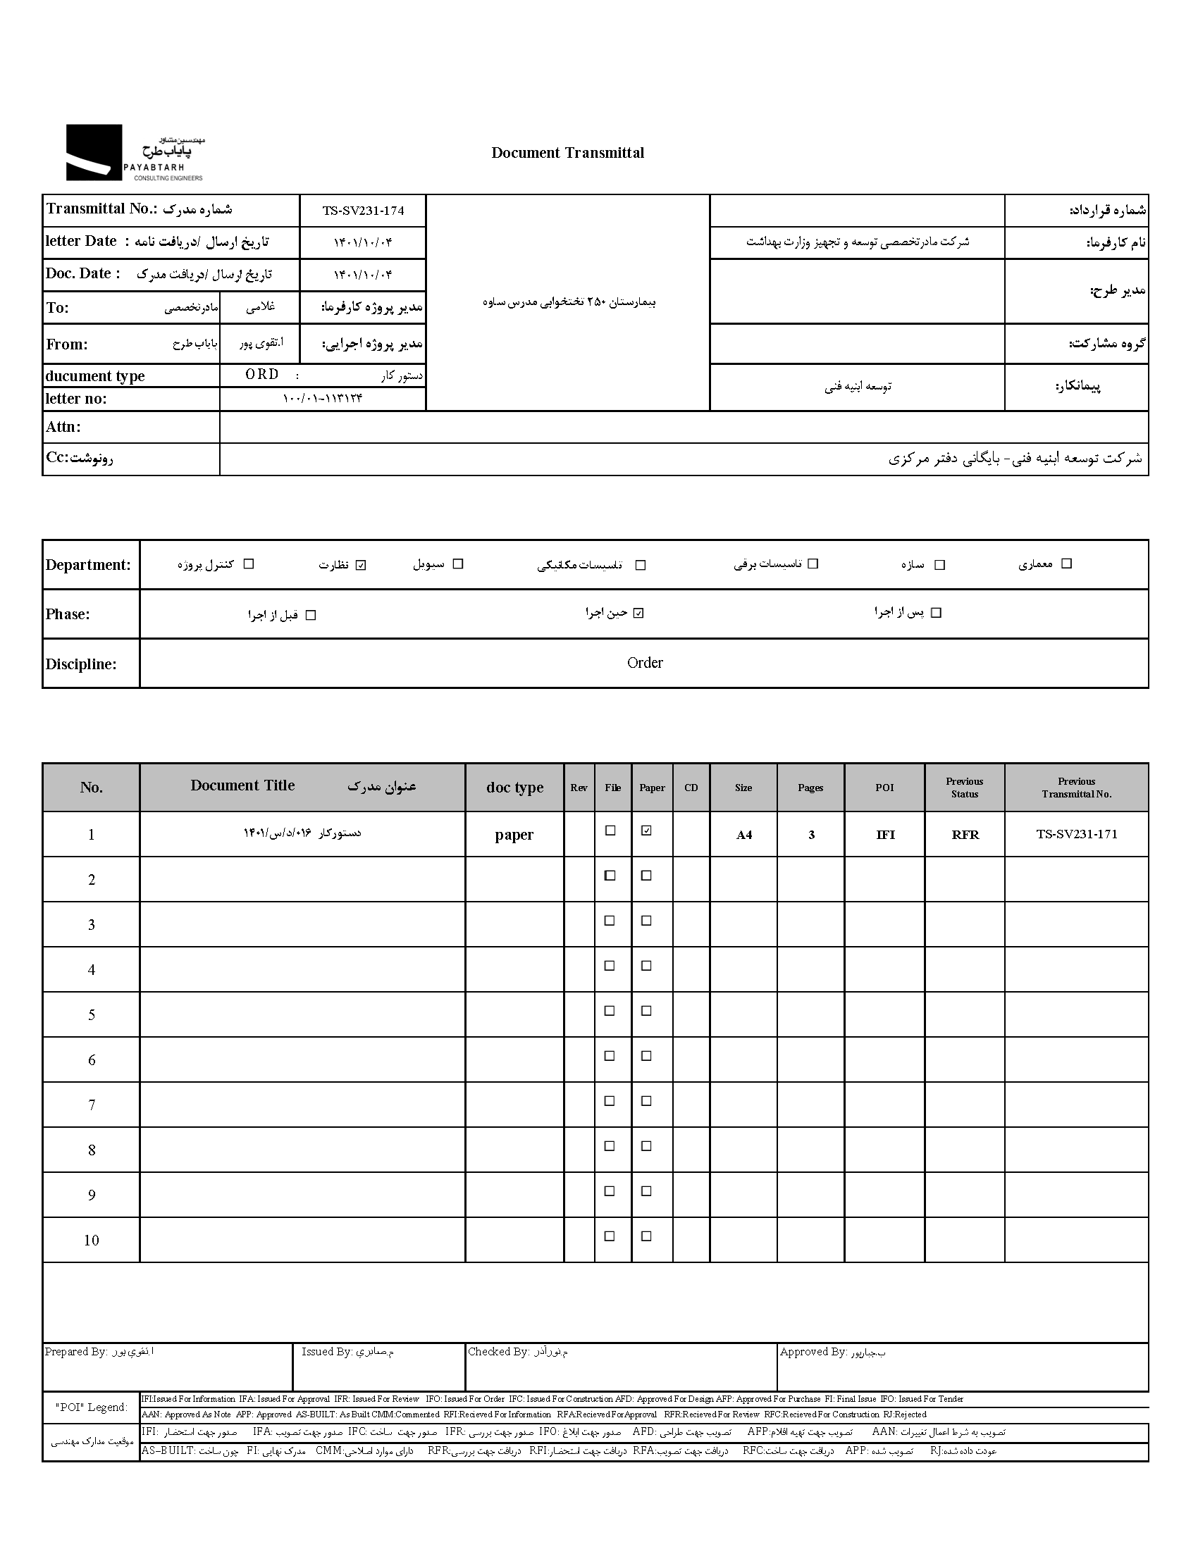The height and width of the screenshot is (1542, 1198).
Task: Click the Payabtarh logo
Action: click(x=134, y=152)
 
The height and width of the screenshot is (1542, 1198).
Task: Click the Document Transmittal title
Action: click(x=567, y=152)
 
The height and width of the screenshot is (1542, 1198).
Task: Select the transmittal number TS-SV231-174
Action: click(x=363, y=211)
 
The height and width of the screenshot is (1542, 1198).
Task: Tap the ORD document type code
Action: click(x=262, y=374)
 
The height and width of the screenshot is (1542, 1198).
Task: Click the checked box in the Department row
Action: click(x=361, y=565)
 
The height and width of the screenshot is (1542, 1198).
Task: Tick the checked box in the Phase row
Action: click(x=638, y=613)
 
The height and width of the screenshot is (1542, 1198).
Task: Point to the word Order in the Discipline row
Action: click(x=645, y=663)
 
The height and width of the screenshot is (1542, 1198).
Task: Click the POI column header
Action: click(x=884, y=788)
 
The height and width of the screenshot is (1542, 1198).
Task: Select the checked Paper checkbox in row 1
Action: click(x=646, y=831)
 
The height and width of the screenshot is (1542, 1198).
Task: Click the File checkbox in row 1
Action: click(x=611, y=831)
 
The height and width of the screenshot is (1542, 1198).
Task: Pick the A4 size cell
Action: click(x=743, y=835)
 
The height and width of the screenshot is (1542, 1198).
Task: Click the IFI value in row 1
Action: click(x=885, y=835)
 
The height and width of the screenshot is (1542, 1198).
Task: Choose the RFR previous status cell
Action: click(x=965, y=835)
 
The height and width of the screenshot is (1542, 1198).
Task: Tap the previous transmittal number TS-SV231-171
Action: click(x=1077, y=834)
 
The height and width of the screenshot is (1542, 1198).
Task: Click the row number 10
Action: click(x=91, y=1241)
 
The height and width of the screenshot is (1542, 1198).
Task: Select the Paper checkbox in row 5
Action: click(x=646, y=1011)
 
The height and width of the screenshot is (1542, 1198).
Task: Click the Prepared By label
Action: click(x=76, y=1351)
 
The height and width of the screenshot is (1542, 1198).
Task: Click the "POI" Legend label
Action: click(x=91, y=1407)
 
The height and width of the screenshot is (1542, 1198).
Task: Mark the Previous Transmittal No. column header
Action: click(x=1077, y=788)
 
